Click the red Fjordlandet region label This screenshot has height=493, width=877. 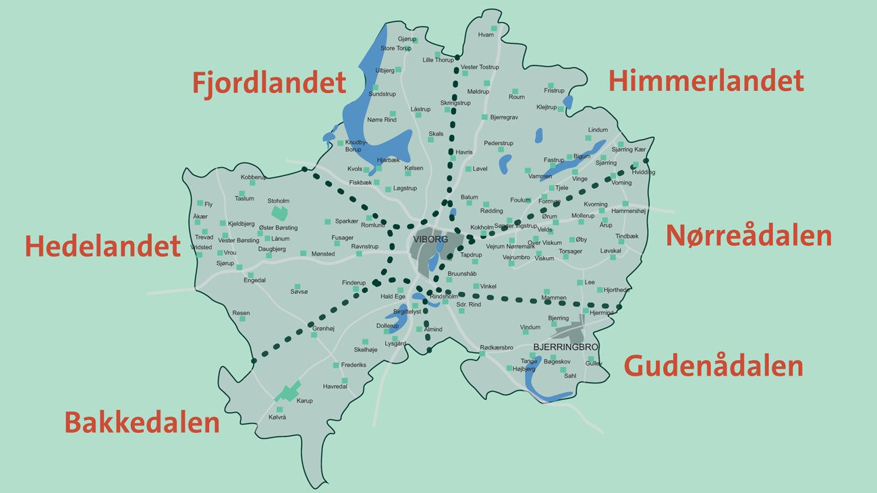[x=268, y=83]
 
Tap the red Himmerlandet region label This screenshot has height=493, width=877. [x=706, y=81]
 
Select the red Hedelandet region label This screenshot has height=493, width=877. [x=103, y=247]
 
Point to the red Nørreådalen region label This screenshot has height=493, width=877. [x=748, y=237]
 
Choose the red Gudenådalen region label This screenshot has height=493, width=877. [x=713, y=366]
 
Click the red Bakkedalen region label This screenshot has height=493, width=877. [x=142, y=423]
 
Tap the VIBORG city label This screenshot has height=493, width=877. [x=426, y=239]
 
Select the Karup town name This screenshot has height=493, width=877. [x=304, y=401]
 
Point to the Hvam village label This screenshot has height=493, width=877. [x=486, y=35]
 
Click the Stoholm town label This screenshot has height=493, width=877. [x=278, y=201]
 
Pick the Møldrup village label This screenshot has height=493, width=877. [x=478, y=91]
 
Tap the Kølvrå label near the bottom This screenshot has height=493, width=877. [x=277, y=417]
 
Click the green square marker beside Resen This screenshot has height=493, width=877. [x=242, y=318]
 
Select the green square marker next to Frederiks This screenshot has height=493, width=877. [x=336, y=365]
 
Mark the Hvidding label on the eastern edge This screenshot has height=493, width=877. [x=643, y=172]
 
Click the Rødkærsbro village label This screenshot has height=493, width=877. [x=497, y=347]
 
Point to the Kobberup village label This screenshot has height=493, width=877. [x=254, y=177]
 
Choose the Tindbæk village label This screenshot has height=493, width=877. [x=626, y=236]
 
